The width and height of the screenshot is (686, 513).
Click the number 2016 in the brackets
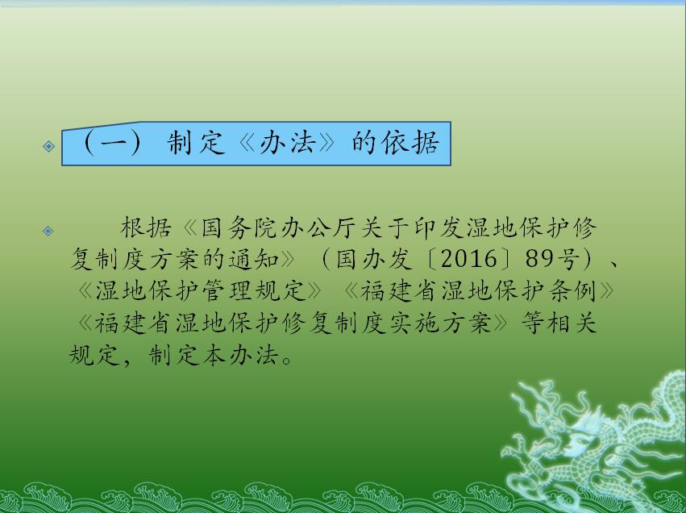tap(468, 259)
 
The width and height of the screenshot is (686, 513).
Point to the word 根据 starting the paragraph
tap(146, 227)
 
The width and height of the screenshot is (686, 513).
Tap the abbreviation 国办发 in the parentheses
tap(374, 259)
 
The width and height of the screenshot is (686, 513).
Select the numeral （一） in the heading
tap(113, 143)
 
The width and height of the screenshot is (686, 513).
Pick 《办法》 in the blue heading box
tap(287, 142)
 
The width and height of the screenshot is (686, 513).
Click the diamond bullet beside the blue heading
tap(49, 146)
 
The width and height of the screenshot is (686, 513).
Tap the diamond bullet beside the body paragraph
tap(48, 231)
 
